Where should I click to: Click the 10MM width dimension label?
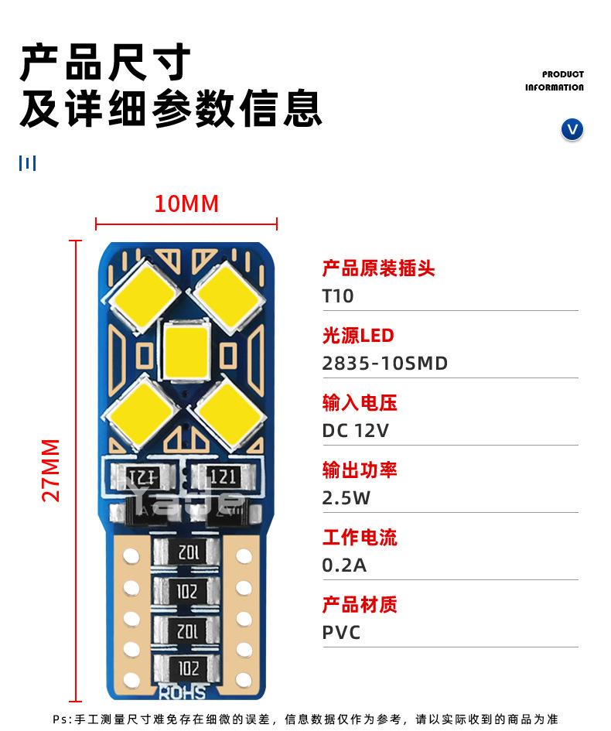186,203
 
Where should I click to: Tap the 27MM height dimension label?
51,470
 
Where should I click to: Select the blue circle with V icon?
572,130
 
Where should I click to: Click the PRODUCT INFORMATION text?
554,80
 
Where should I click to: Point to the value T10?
338,296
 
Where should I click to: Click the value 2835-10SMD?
385,363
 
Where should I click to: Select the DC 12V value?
355,431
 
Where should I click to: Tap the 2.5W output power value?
346,498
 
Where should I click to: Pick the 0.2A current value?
344,565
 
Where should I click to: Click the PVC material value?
341,633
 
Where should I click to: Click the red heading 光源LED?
358,335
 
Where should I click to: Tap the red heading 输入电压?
360,403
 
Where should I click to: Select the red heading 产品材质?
360,605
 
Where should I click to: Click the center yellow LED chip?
186,350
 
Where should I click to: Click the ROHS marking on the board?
183,692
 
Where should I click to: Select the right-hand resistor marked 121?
224,477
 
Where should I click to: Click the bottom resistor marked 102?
187,668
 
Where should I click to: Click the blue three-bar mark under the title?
28,163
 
